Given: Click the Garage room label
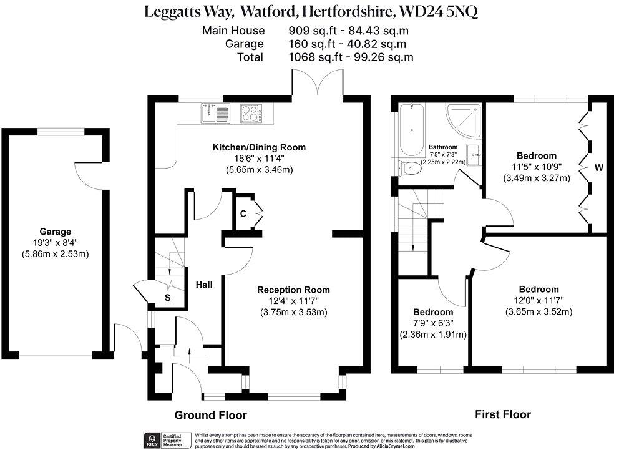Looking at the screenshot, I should (56, 231).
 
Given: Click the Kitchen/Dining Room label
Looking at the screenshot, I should (259, 147).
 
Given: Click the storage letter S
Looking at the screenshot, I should (167, 298).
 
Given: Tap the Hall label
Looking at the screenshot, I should (203, 285).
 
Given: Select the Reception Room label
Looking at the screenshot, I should (293, 290).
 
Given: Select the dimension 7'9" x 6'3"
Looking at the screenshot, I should (433, 323).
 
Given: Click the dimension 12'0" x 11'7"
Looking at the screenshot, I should (539, 301).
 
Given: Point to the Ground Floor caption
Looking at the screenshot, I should (210, 415).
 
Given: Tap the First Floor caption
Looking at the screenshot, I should (503, 414).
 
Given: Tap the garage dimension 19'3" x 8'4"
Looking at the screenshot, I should (56, 243).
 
